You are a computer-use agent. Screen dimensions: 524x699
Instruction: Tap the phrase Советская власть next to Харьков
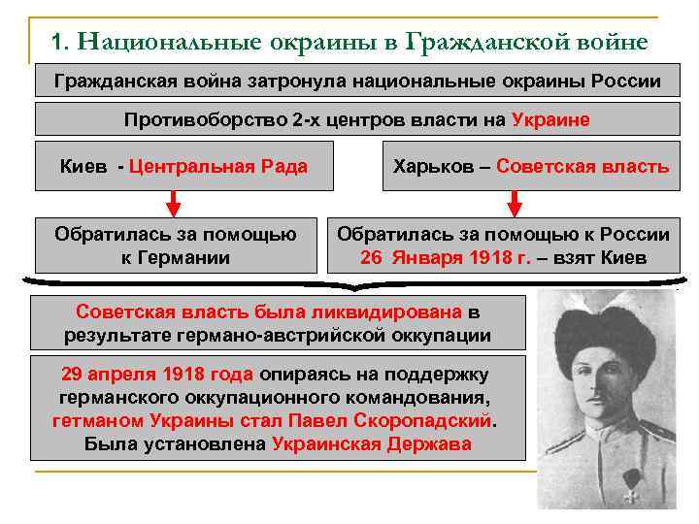click(582, 166)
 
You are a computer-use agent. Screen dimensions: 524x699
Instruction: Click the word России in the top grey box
click(621, 82)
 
